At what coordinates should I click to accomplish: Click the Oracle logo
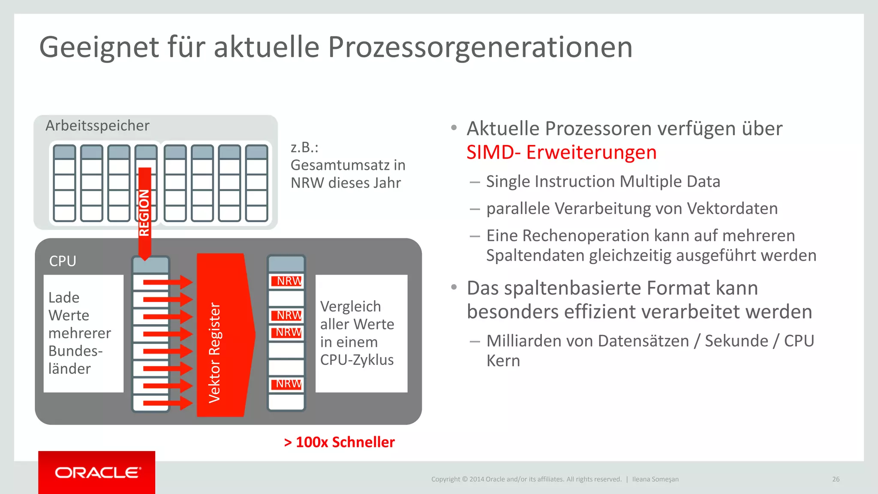[x=97, y=473]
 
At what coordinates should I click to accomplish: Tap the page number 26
[x=836, y=479]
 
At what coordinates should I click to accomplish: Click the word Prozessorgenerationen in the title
[x=480, y=47]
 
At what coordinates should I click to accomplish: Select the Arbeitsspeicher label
[x=97, y=126]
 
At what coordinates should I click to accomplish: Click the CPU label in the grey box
[x=63, y=261]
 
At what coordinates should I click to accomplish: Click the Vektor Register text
[x=214, y=352]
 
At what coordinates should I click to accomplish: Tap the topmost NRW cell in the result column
[x=286, y=281]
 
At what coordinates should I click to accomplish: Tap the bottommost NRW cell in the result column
[x=286, y=384]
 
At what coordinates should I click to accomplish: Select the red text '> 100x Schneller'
[x=339, y=442]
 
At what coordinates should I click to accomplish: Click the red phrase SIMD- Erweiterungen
[x=561, y=152]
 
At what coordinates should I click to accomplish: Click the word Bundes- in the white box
[x=75, y=351]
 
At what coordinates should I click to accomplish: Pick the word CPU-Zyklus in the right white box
[x=357, y=360]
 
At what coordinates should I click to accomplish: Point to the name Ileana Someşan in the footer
[x=655, y=479]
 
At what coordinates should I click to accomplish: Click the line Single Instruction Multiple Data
[x=603, y=181]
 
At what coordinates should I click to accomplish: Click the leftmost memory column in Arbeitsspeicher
[x=65, y=183]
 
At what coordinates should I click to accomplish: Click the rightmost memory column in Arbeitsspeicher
[x=257, y=183]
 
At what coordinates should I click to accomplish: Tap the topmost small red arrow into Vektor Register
[x=167, y=282]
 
